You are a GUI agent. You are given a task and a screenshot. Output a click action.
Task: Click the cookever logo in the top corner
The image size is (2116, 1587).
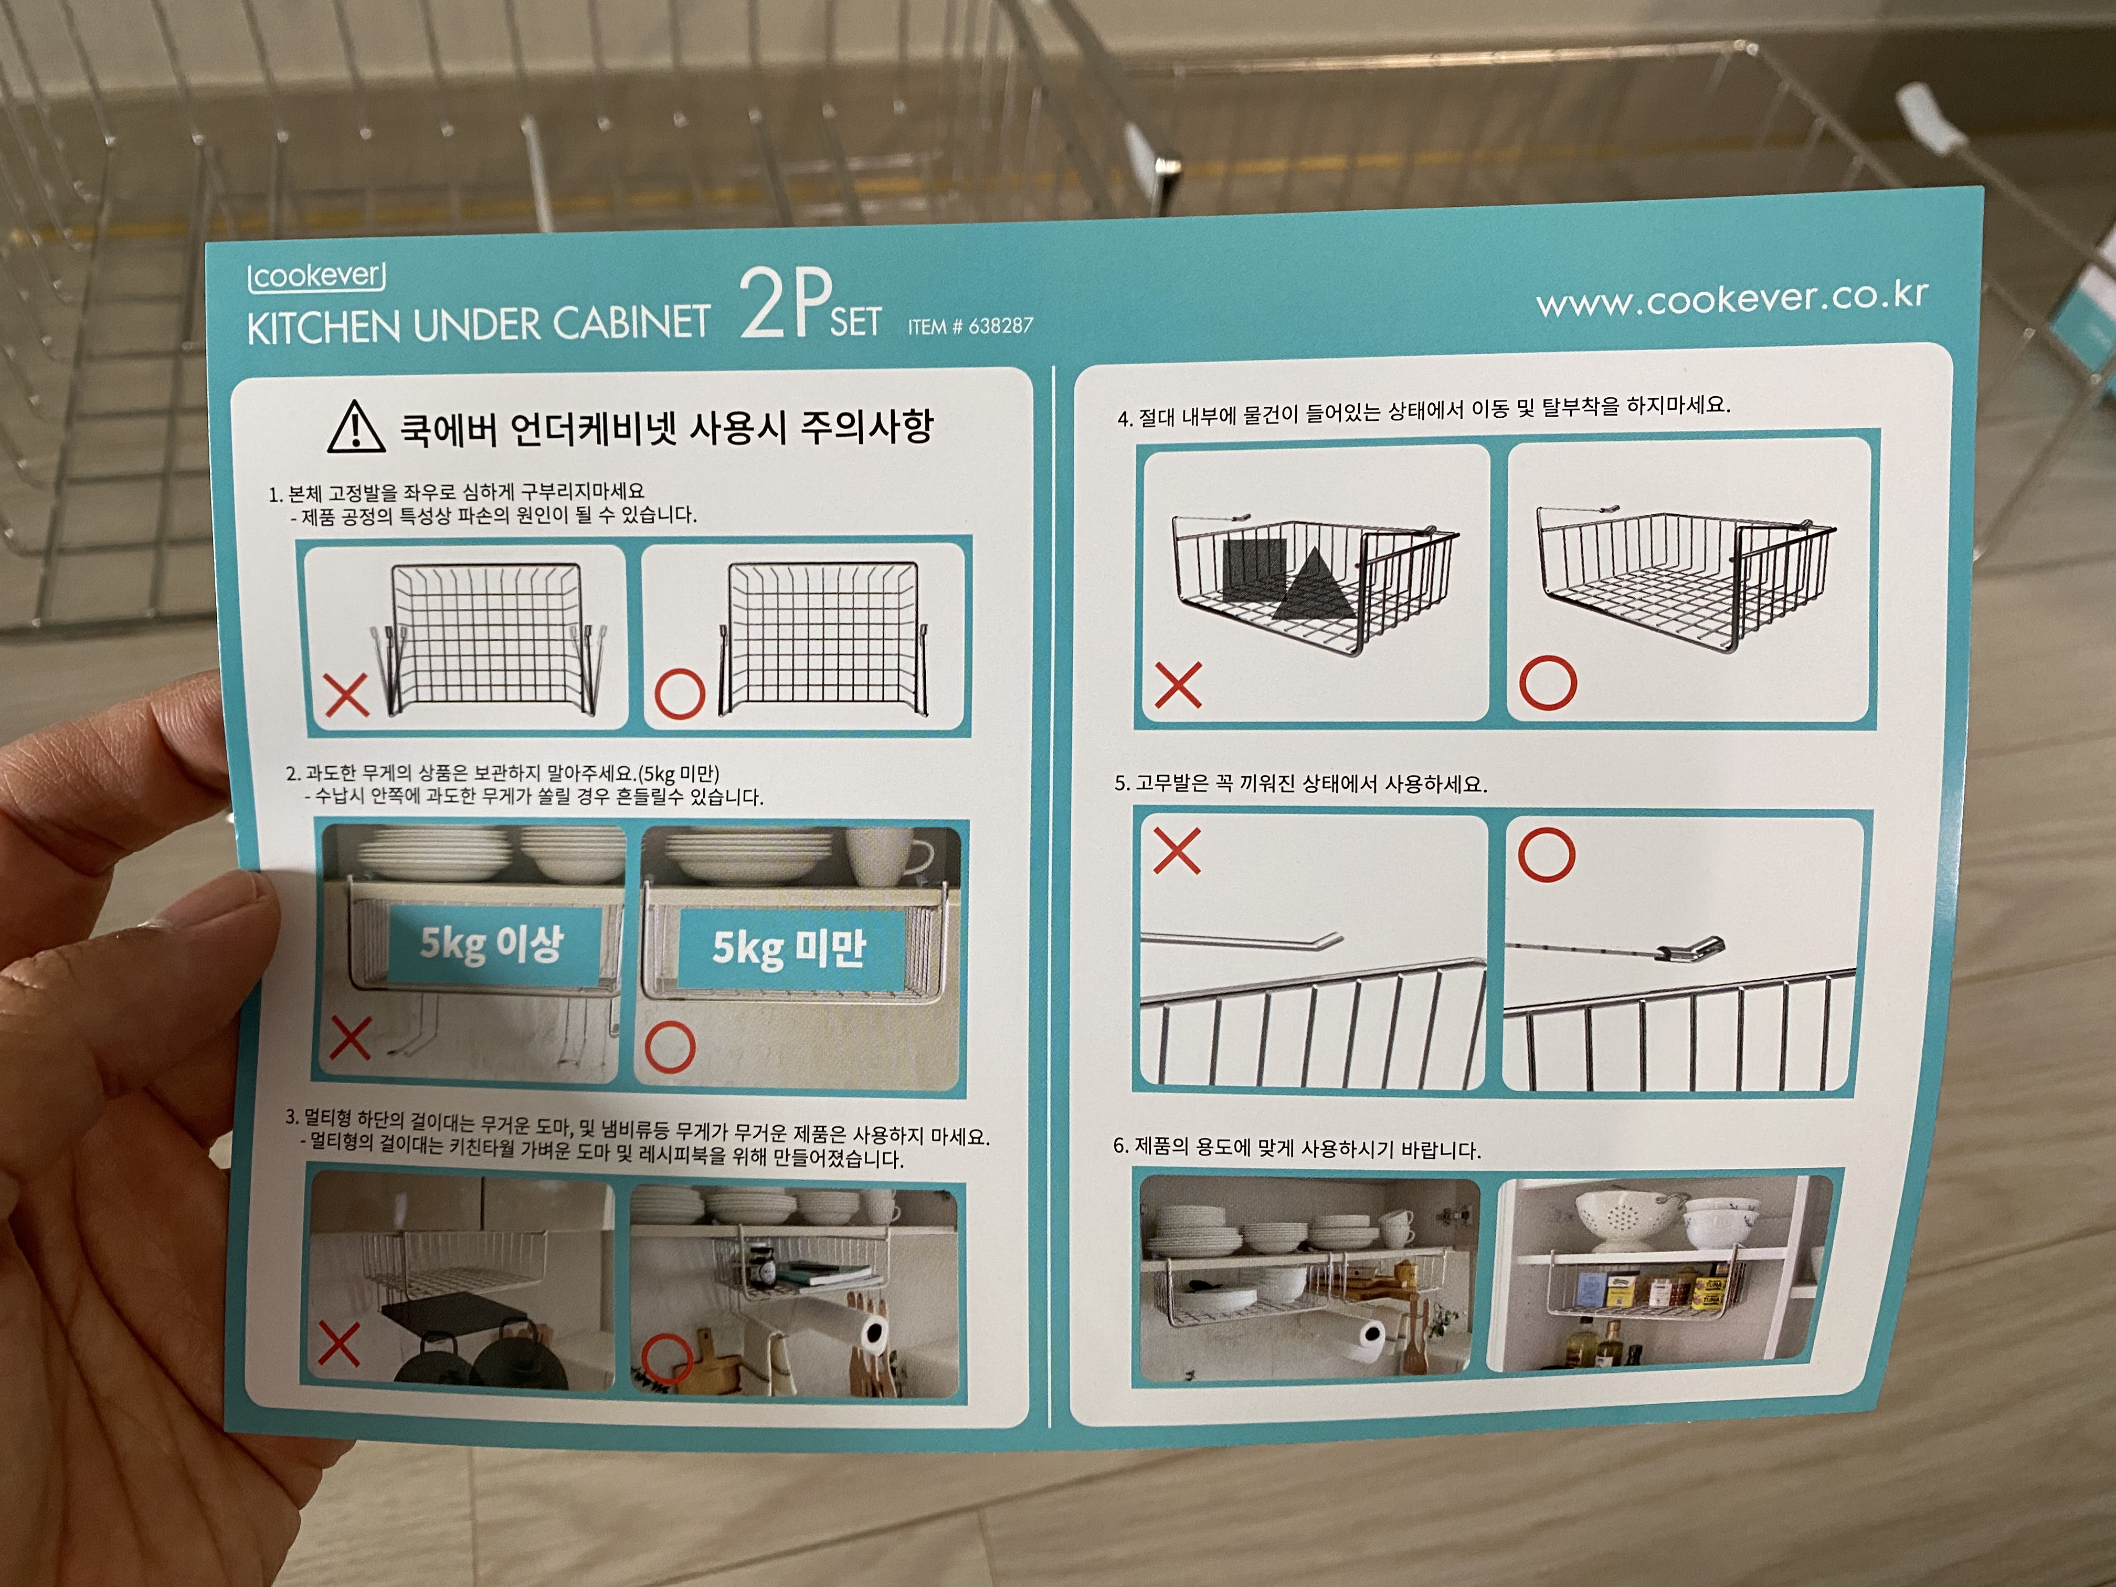(x=316, y=278)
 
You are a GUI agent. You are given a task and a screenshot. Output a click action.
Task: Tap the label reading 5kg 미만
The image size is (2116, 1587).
(x=788, y=948)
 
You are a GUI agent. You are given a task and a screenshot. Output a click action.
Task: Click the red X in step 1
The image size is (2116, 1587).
(x=346, y=695)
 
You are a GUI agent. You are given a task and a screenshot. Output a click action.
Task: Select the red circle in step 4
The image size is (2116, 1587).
(x=1548, y=682)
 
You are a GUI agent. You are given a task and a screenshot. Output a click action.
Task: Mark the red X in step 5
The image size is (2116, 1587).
(x=1177, y=850)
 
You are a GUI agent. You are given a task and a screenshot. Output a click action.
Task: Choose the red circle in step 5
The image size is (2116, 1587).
(x=1546, y=854)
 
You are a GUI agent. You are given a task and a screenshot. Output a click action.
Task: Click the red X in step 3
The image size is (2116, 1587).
(x=338, y=1344)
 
